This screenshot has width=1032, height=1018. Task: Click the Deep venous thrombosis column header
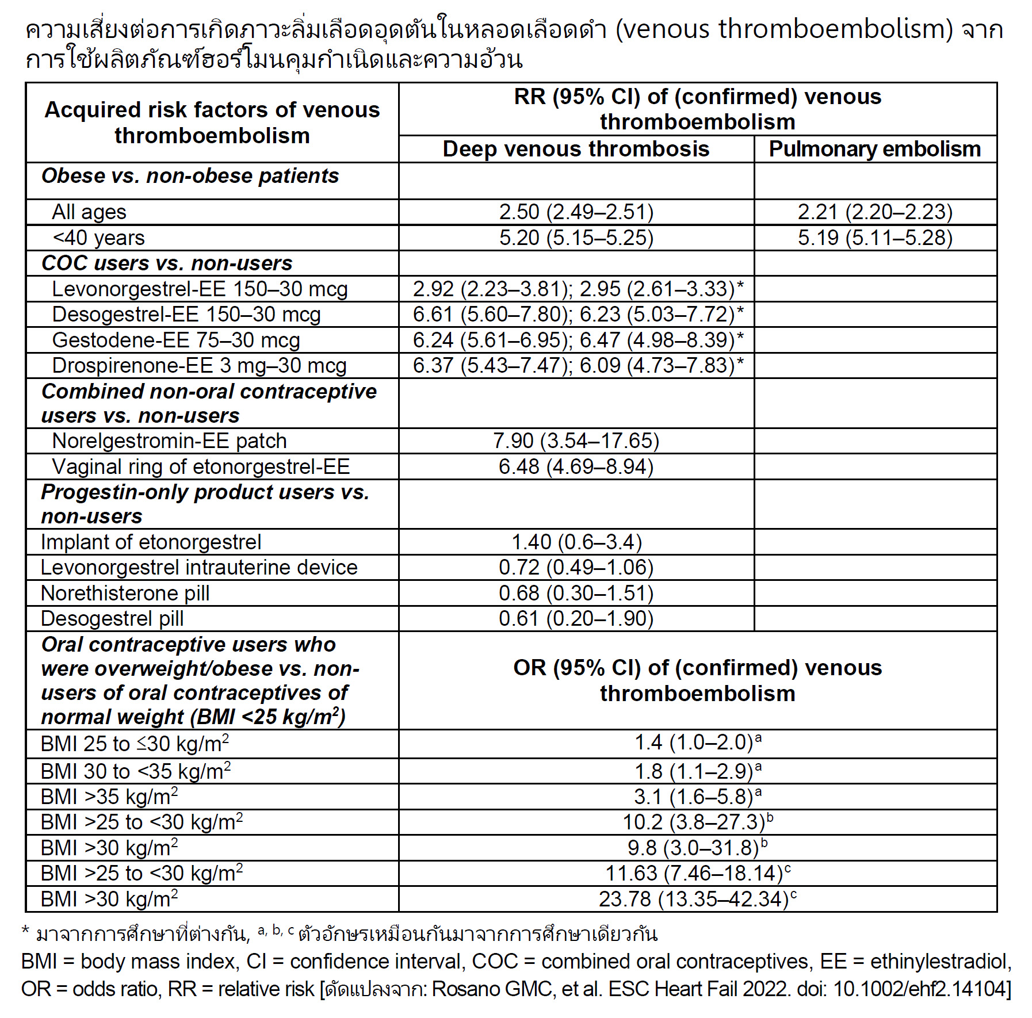[x=576, y=149]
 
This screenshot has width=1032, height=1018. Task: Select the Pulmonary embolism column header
[x=874, y=149]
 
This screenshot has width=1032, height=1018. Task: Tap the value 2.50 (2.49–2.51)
[x=576, y=212]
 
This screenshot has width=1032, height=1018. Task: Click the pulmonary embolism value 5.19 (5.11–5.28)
[x=874, y=238]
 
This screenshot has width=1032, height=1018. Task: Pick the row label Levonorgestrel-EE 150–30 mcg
[x=200, y=289]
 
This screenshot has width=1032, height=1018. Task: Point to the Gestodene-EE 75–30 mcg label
[x=176, y=340]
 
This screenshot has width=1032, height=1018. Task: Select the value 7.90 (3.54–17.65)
[x=576, y=441]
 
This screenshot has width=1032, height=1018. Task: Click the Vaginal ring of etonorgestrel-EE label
[x=201, y=466]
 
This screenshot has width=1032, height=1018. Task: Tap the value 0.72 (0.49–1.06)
[x=576, y=568]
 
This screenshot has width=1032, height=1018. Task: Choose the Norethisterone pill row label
[x=125, y=593]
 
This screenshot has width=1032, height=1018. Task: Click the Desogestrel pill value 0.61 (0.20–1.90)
[x=576, y=619]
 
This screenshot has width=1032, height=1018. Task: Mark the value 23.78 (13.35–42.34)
[x=694, y=899]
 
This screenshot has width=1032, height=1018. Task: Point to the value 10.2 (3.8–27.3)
[x=694, y=822]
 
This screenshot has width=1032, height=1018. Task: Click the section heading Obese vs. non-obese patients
[x=190, y=176]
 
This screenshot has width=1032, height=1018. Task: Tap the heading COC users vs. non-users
[x=167, y=263]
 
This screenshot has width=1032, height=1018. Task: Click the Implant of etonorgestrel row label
[x=151, y=542]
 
